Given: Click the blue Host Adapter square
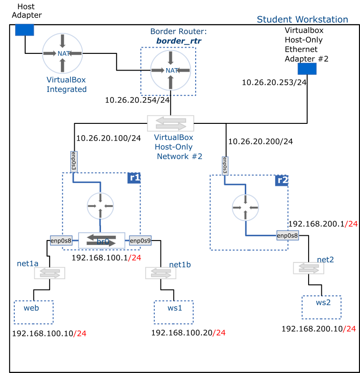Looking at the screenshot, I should (x=24, y=30).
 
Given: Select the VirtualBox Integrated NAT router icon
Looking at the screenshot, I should (x=62, y=53).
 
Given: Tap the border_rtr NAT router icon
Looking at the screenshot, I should (x=170, y=70).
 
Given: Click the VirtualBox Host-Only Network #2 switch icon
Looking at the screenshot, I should (x=170, y=123).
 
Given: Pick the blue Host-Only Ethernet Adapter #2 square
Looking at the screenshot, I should (x=307, y=69).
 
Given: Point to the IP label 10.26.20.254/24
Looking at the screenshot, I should (x=137, y=100).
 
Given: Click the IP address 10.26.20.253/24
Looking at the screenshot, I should (x=274, y=82).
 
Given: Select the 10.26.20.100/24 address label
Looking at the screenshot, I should (x=109, y=138).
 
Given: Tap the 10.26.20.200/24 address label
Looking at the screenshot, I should (x=260, y=141).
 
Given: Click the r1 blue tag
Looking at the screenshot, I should (x=134, y=178).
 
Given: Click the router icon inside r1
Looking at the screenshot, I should (x=100, y=206).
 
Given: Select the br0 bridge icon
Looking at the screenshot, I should (x=101, y=241).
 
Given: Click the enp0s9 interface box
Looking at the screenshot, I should (x=140, y=241).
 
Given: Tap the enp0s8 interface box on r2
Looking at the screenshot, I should (x=288, y=235).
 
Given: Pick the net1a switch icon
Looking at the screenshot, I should (x=50, y=273).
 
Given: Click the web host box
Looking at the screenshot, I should (x=33, y=312).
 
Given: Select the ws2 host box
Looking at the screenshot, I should (x=321, y=307).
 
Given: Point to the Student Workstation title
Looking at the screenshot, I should (x=302, y=20).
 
